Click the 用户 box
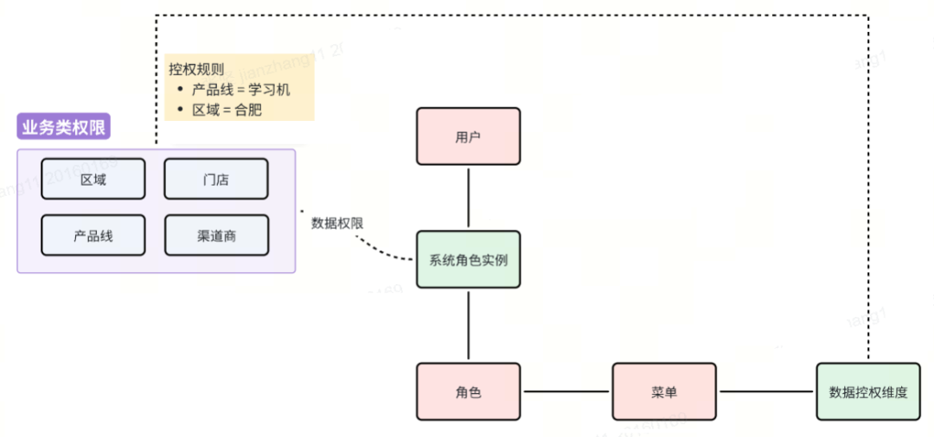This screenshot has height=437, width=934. [468, 136]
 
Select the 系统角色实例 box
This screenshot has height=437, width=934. [468, 260]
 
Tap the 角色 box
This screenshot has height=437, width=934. [468, 392]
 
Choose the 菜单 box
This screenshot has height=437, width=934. [664, 392]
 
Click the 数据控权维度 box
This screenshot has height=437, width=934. [868, 392]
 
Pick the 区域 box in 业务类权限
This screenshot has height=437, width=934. [93, 180]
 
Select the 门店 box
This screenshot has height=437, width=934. [215, 180]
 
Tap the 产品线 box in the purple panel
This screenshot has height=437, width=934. [93, 235]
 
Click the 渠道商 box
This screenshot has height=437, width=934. [215, 235]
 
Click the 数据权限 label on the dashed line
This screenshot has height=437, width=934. [337, 223]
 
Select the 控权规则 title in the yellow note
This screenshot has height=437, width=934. [196, 70]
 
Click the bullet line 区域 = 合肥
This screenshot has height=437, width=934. [227, 110]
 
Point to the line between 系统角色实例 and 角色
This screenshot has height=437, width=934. [468, 325]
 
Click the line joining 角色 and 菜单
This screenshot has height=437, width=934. [566, 392]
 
